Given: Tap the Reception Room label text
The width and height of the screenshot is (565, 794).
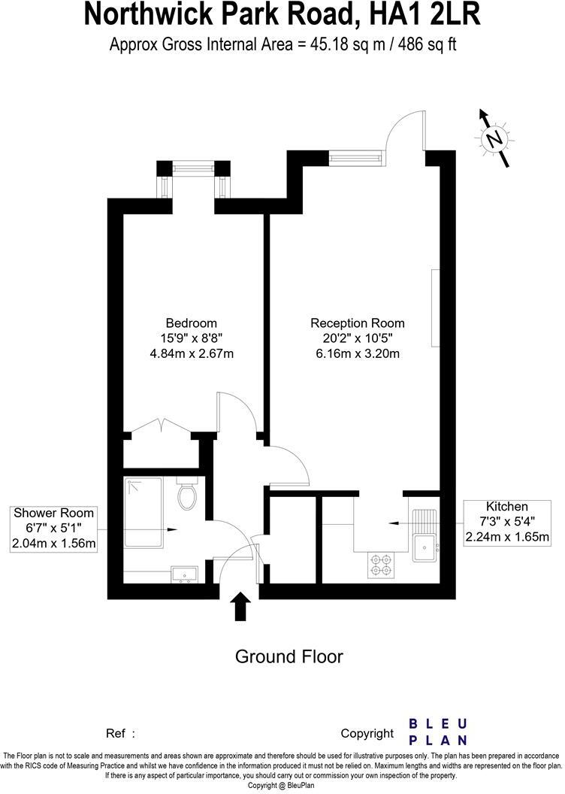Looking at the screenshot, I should [x=352, y=323].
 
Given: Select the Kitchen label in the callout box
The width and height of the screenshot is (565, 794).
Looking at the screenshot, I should [x=507, y=507].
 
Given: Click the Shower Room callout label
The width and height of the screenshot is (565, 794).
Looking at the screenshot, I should [x=54, y=514].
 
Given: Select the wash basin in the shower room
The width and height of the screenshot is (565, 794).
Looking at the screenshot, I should [x=184, y=575].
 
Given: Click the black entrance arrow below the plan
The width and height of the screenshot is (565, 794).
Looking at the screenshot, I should [x=240, y=606].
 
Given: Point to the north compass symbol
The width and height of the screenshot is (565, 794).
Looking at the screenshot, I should [x=494, y=138].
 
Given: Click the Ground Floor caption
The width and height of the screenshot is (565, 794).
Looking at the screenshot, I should [x=289, y=656].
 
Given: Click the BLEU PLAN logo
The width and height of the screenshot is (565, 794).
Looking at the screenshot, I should [x=437, y=731].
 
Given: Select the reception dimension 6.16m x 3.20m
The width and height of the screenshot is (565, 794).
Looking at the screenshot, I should [x=352, y=353].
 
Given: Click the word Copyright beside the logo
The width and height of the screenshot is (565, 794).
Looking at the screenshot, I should [x=367, y=733].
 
